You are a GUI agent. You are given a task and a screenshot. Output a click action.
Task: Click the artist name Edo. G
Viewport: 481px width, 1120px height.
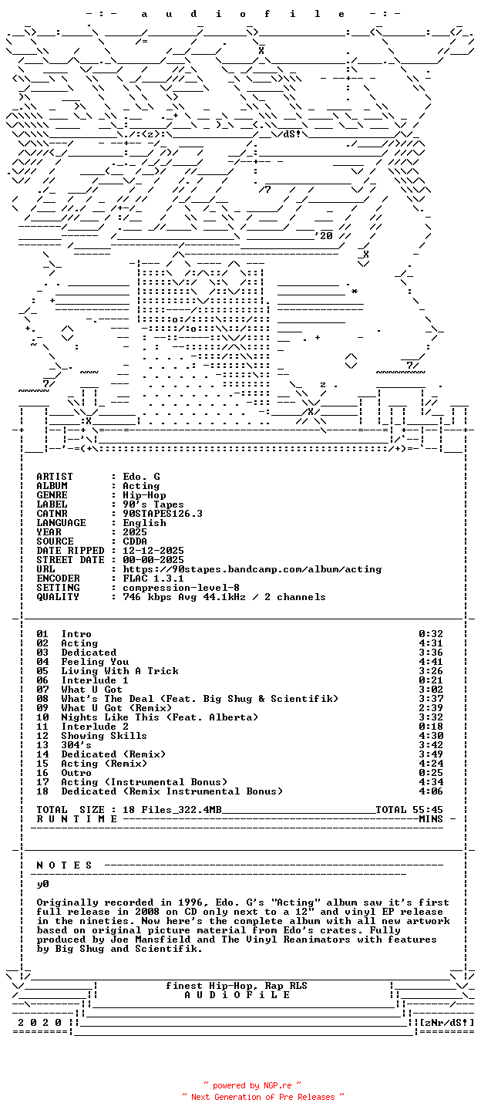pos(141,477)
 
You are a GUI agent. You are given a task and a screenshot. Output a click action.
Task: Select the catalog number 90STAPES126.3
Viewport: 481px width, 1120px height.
pos(163,514)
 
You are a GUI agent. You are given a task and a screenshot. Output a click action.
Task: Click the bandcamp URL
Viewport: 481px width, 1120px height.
pos(252,569)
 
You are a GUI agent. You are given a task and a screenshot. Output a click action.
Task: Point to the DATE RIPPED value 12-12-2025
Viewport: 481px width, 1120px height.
pos(153,551)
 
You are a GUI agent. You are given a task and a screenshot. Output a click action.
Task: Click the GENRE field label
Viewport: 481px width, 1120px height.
pos(52,495)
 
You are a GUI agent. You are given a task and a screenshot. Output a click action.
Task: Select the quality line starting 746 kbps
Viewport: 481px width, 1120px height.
pos(224,597)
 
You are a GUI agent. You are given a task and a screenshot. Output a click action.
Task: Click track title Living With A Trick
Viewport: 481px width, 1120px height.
pos(120,671)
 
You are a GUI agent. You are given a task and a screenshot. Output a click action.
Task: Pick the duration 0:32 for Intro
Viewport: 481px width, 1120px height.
pos(431,634)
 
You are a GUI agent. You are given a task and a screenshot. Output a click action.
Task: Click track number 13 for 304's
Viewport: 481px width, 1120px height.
pos(42,745)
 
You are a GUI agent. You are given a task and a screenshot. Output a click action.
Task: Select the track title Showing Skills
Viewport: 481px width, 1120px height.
pos(104,736)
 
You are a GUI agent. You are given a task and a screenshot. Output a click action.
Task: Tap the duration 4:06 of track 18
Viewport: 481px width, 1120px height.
pos(431,791)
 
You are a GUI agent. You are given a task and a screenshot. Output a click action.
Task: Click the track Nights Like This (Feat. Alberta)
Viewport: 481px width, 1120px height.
pos(160,717)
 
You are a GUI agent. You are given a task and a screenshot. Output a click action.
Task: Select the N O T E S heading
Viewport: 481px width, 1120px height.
pos(65,865)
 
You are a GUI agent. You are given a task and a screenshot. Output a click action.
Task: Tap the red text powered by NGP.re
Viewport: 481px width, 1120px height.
pos(252,1085)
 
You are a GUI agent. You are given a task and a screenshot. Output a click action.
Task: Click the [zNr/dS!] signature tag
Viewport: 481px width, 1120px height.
pos(447,1023)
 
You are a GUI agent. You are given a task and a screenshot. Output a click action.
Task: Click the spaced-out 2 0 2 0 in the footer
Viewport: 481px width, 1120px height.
pos(40,1023)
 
